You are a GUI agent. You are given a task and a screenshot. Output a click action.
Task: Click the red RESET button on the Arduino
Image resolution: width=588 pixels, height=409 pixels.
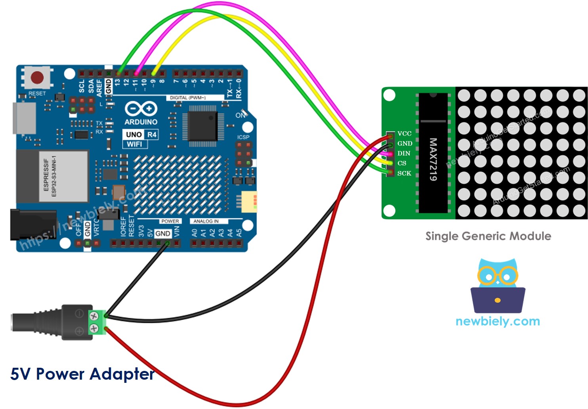tap(37, 77)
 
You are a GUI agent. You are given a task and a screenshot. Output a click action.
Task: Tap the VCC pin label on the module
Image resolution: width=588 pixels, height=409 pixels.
tap(404, 134)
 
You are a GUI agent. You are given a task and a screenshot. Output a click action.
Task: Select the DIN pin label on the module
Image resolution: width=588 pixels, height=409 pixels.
tap(404, 154)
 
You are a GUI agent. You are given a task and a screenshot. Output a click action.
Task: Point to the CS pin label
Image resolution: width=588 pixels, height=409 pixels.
tap(402, 163)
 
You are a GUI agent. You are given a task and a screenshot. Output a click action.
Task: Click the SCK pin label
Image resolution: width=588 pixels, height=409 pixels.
tap(404, 173)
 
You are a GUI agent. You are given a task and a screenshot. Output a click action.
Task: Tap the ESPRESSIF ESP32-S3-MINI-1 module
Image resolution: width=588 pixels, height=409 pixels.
tap(52, 176)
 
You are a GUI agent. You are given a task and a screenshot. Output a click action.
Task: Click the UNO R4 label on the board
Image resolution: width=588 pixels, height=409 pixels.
tap(141, 134)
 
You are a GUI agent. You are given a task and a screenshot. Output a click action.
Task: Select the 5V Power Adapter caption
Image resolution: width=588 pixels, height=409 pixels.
tap(82, 374)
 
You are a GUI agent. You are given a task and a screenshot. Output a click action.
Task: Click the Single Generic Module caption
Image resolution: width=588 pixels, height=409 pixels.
tap(488, 236)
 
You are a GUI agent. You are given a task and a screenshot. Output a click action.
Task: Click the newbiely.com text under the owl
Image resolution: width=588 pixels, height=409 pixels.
tap(498, 321)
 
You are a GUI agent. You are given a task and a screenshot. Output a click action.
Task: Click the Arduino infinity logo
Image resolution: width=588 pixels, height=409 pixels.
tap(141, 108)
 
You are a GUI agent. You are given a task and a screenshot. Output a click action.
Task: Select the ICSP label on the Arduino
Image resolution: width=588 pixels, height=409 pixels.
tap(243, 137)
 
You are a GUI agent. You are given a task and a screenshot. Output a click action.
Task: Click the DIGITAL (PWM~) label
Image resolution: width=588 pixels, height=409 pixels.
tap(188, 98)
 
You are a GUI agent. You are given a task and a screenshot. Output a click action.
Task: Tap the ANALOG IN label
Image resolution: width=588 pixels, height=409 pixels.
tap(206, 221)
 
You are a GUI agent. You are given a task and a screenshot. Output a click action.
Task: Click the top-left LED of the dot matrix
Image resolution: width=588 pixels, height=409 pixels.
tap(464, 96)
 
